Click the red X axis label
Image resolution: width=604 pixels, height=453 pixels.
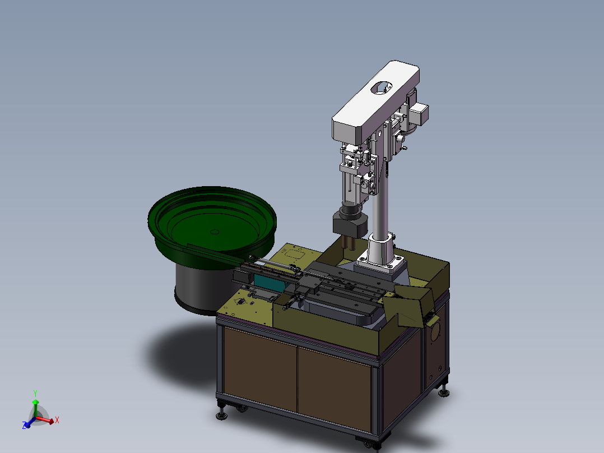click(57, 419)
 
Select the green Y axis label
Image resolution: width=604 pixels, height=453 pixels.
click(35, 392)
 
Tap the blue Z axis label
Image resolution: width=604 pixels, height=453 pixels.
click(25, 426)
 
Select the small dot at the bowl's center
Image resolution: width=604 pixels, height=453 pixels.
click(213, 231)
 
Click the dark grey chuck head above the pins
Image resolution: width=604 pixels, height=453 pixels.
click(350, 224)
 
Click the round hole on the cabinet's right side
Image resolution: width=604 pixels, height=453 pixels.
click(434, 332)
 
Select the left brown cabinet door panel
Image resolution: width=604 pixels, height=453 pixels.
click(259, 368)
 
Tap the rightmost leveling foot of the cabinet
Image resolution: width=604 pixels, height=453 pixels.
click(445, 392)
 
